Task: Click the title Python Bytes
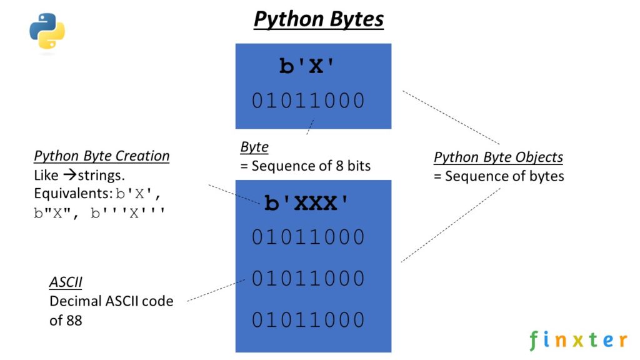[319, 19]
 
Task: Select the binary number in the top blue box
[308, 101]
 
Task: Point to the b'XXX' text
[306, 202]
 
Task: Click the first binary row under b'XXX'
[308, 237]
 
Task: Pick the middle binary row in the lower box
[308, 279]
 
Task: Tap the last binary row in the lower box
[308, 320]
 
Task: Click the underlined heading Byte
[254, 147]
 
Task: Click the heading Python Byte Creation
[101, 156]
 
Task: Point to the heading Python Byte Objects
[498, 157]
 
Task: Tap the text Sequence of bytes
[504, 176]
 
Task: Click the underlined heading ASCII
[65, 282]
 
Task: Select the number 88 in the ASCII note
[74, 321]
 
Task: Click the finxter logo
[577, 339]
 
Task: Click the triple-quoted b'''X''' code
[128, 213]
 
